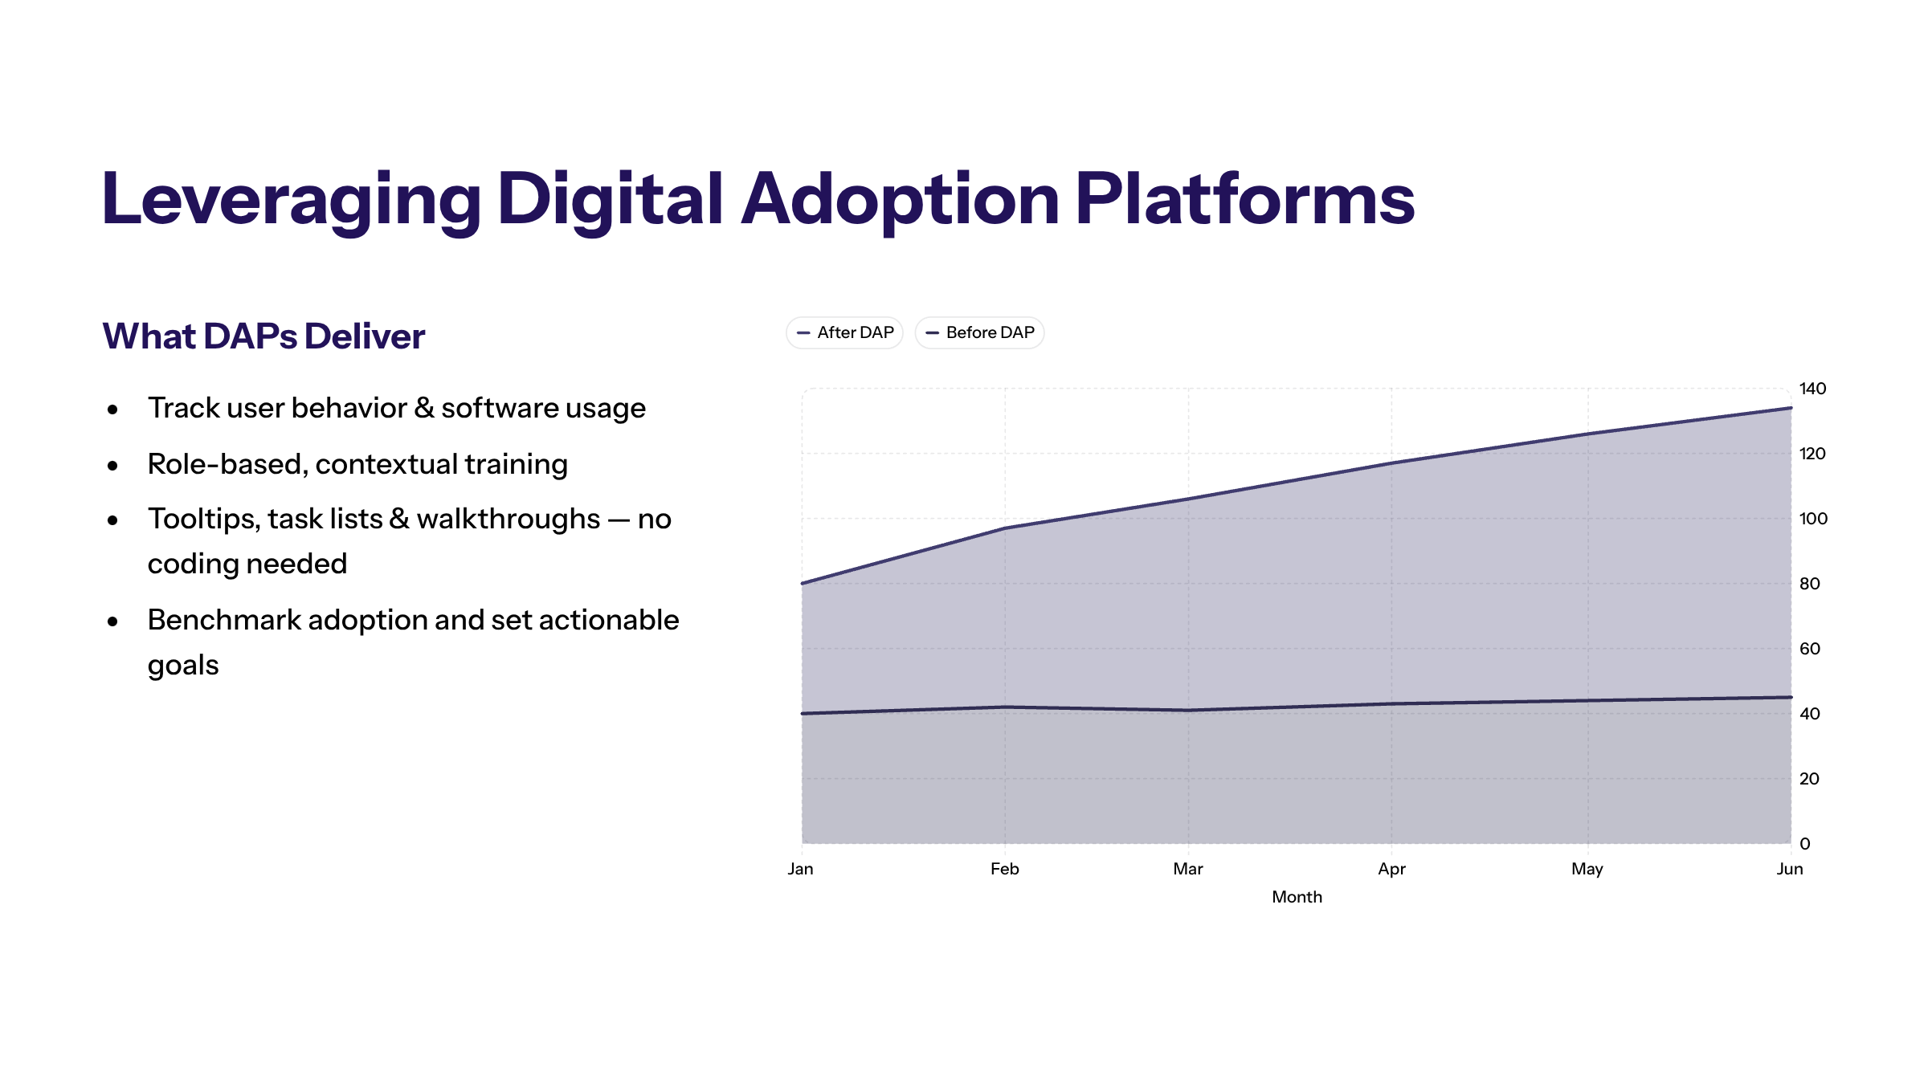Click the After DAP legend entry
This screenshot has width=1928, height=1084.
(x=844, y=332)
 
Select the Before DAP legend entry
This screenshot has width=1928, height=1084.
(x=979, y=332)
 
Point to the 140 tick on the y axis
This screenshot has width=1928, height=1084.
(x=1812, y=389)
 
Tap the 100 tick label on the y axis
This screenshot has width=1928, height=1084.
(x=1813, y=519)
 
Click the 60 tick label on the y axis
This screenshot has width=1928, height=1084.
(x=1809, y=649)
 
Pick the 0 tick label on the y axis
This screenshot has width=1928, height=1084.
(x=1805, y=844)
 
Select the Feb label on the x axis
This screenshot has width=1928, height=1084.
(x=1004, y=869)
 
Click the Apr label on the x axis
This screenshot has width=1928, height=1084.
(x=1391, y=869)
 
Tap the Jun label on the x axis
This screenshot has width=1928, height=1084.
(x=1790, y=869)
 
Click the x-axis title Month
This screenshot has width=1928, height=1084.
(x=1297, y=897)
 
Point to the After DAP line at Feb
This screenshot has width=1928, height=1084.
(x=1005, y=528)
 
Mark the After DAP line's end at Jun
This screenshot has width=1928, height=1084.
(x=1791, y=408)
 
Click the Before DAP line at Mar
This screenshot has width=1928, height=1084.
(x=1188, y=710)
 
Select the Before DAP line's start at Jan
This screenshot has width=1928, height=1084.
(x=803, y=713)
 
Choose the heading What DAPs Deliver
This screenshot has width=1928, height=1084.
(x=263, y=336)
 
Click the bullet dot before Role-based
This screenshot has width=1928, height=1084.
(x=112, y=465)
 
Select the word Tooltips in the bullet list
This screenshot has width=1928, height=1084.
(x=203, y=519)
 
